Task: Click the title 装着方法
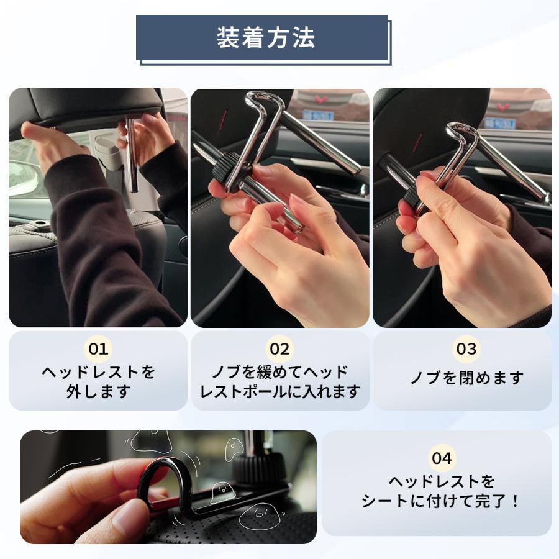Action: coord(265,37)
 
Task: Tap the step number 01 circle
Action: coord(98,348)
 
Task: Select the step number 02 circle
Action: coord(279,348)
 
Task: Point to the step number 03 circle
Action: coord(466,348)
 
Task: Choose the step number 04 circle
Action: coord(442,458)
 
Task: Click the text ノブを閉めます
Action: coord(466,378)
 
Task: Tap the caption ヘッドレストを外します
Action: coord(98,381)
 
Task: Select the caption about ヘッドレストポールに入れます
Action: coord(279,381)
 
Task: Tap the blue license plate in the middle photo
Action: coord(317,115)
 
